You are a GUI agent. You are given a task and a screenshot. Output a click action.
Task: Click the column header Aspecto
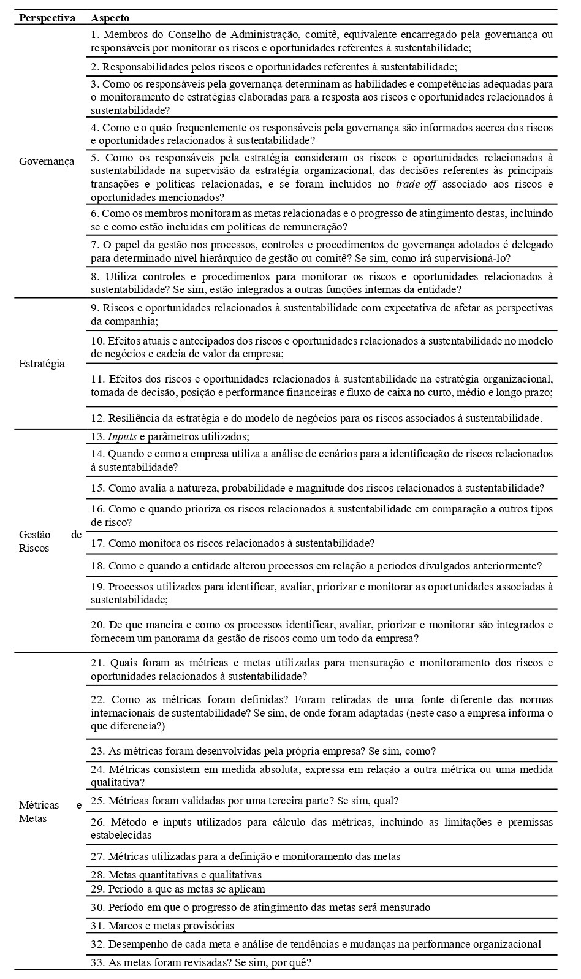pyautogui.click(x=110, y=18)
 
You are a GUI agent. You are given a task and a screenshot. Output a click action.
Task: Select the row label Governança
pyautogui.click(x=47, y=161)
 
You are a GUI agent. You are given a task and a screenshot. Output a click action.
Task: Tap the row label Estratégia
pyautogui.click(x=42, y=364)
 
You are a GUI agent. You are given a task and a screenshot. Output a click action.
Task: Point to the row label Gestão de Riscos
pyautogui.click(x=50, y=541)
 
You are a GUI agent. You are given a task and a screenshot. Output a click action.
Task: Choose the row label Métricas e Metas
pyautogui.click(x=50, y=812)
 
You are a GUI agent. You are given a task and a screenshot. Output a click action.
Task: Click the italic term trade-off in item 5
pyautogui.click(x=416, y=185)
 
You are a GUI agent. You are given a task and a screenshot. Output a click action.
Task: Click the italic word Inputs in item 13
pyautogui.click(x=122, y=436)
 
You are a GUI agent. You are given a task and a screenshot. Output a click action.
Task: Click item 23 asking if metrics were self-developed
pyautogui.click(x=263, y=751)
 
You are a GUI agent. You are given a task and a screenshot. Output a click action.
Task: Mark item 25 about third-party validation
pyautogui.click(x=245, y=801)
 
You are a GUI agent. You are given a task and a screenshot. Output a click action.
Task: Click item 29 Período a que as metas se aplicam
pyautogui.click(x=178, y=889)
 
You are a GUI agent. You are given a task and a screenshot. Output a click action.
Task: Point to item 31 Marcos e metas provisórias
pyautogui.click(x=162, y=926)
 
